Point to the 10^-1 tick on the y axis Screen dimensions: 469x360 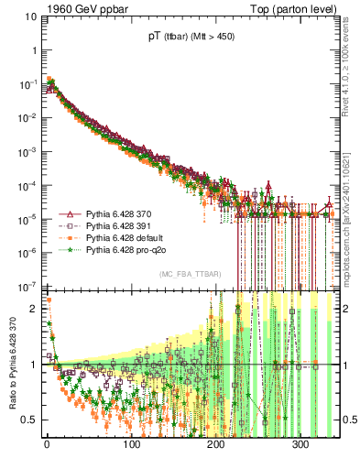(x=30, y=83)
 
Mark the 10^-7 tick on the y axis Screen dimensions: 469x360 (x=30, y=287)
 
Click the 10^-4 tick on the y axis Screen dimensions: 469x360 (x=30, y=185)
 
